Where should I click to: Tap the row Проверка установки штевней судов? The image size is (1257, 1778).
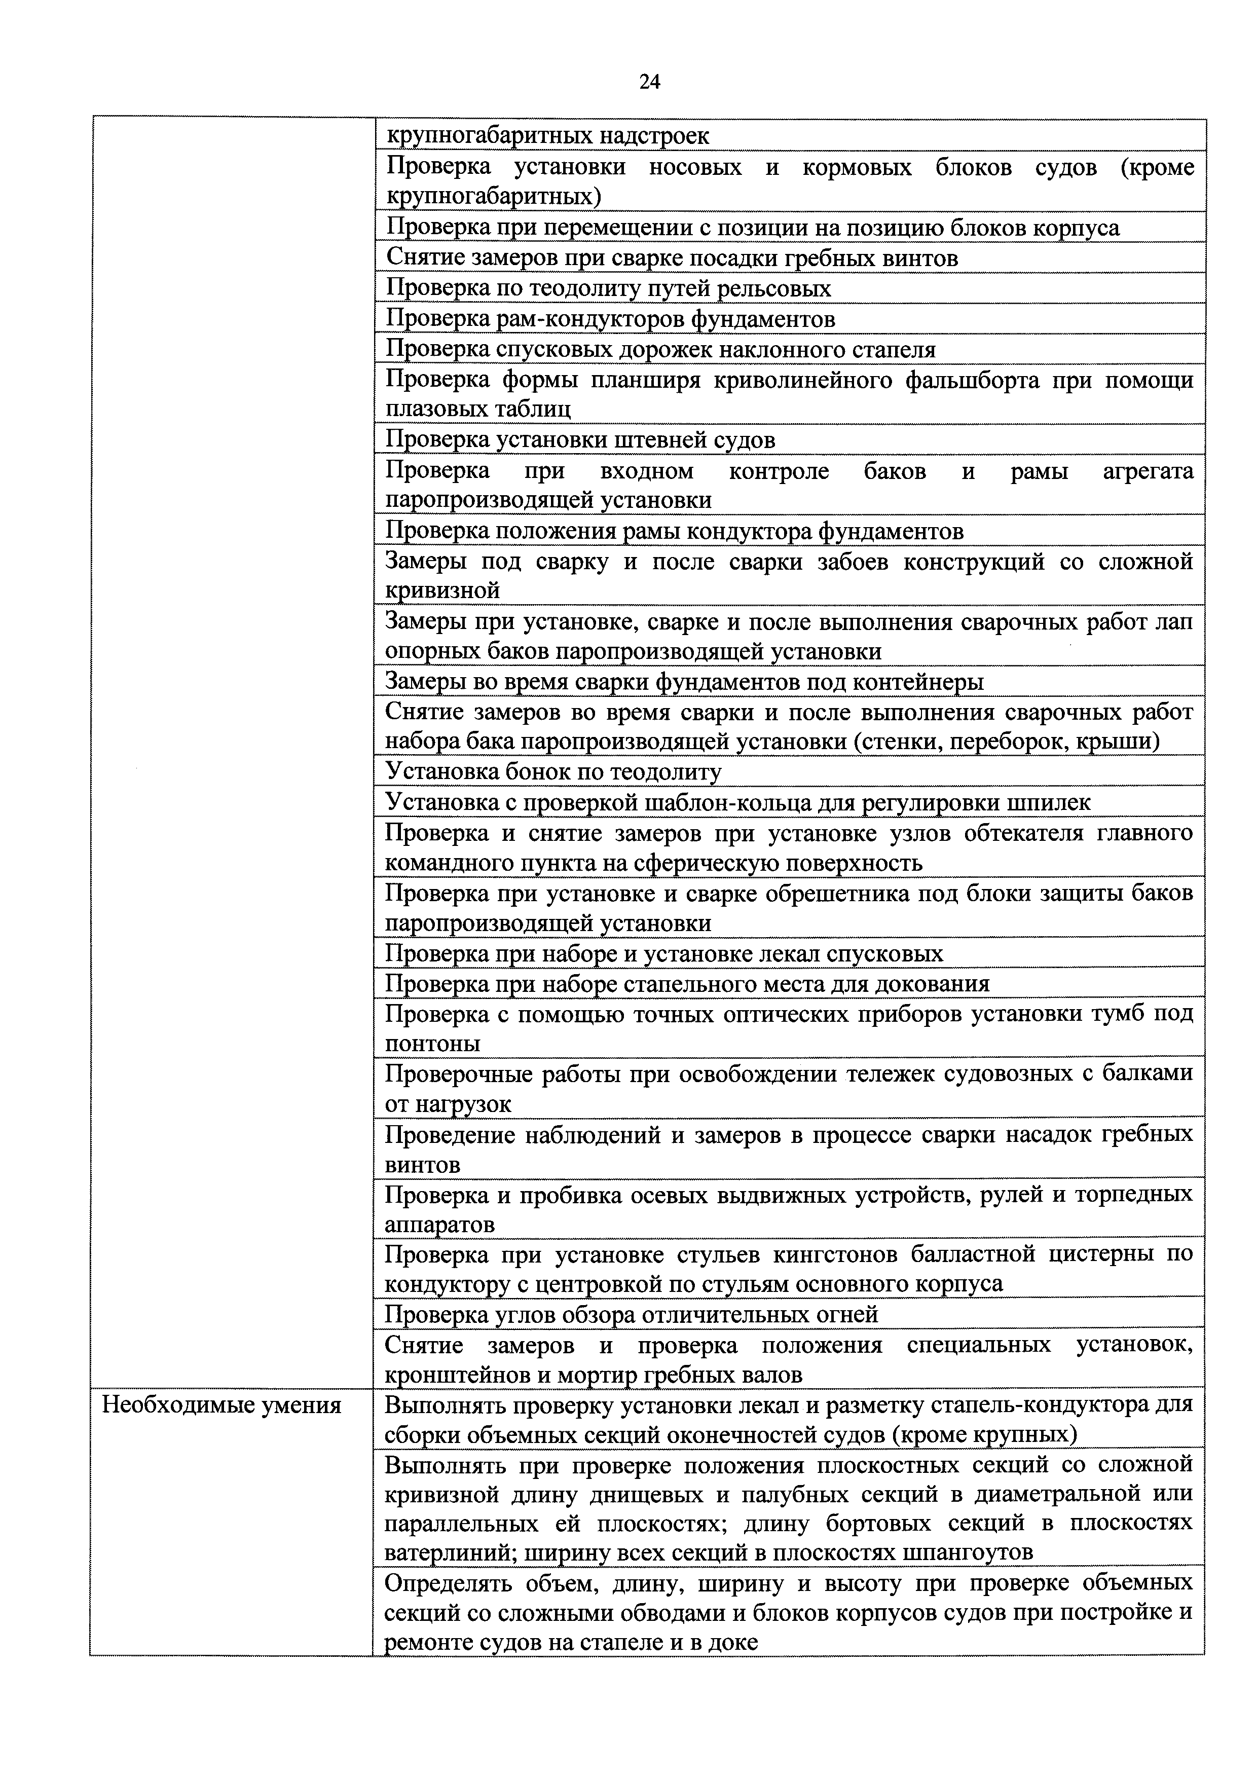pos(580,440)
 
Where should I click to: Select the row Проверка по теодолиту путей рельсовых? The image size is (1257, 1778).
pos(608,288)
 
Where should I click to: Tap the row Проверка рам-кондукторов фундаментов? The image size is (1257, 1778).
pos(610,318)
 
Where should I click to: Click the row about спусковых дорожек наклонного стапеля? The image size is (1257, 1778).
pos(660,349)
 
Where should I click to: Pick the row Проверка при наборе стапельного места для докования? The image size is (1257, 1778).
pos(687,983)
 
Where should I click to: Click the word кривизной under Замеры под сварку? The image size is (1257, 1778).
pos(442,591)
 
